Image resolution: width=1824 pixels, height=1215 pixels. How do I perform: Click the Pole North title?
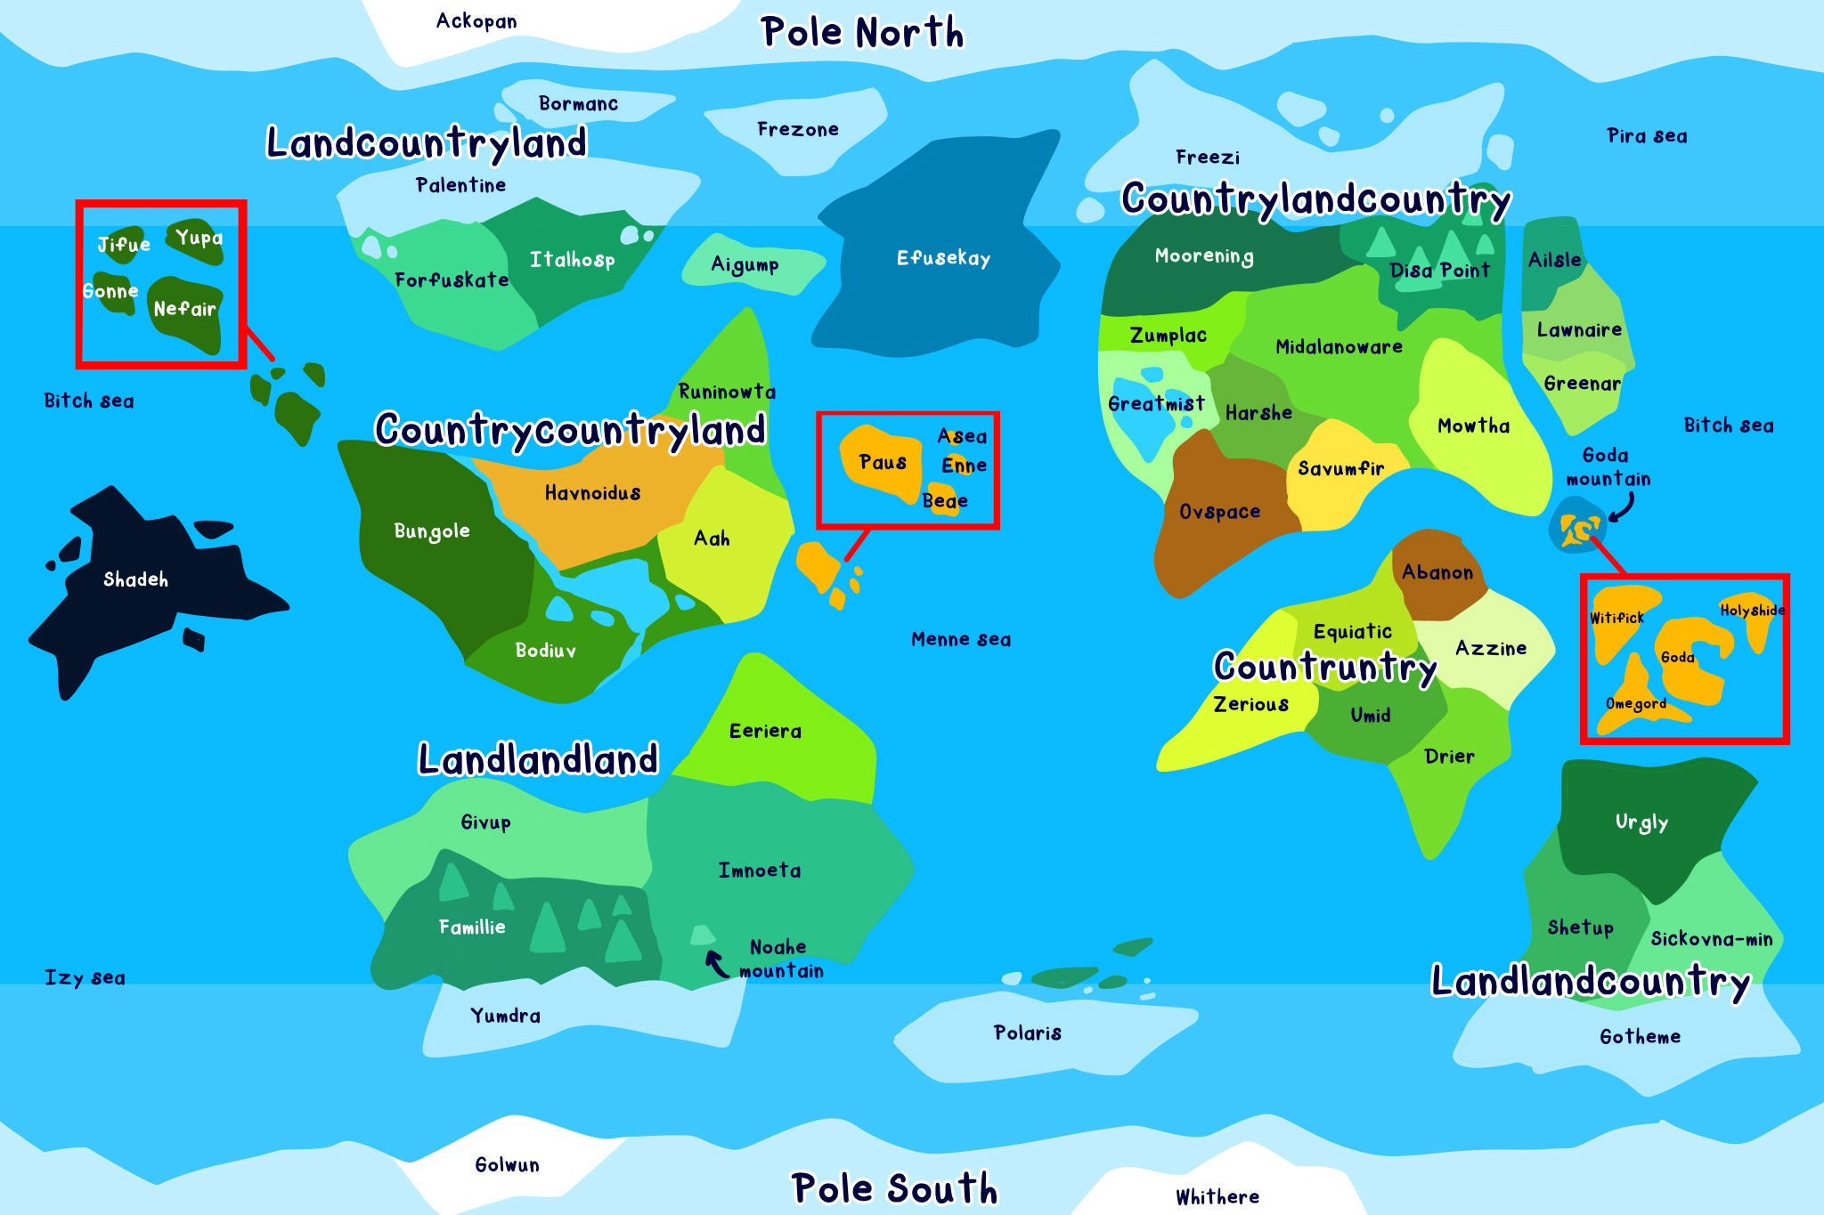(861, 33)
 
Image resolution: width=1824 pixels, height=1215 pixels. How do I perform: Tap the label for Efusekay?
(943, 258)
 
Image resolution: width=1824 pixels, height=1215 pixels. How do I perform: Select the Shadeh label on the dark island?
(135, 579)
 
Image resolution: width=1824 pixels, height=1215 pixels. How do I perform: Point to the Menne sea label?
(960, 639)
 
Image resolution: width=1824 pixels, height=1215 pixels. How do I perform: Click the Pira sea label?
(1646, 136)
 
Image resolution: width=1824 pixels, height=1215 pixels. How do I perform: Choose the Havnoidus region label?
(592, 493)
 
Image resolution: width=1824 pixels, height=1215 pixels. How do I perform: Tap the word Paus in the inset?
(882, 462)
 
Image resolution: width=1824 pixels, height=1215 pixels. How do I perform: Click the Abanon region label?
(1437, 572)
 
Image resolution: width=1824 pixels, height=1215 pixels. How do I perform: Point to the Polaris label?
(1027, 1033)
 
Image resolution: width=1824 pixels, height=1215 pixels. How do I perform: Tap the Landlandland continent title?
(538, 760)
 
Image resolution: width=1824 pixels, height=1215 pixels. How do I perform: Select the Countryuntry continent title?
(1324, 668)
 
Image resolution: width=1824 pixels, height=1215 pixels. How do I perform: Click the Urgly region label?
(1641, 822)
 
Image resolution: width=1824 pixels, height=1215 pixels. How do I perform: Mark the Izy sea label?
(85, 977)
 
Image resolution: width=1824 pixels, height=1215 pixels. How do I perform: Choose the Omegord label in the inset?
(1635, 704)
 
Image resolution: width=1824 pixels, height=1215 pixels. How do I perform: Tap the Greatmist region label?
(1155, 404)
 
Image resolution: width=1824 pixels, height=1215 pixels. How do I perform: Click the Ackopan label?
(476, 21)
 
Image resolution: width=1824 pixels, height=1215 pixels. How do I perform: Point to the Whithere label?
(1217, 1197)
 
